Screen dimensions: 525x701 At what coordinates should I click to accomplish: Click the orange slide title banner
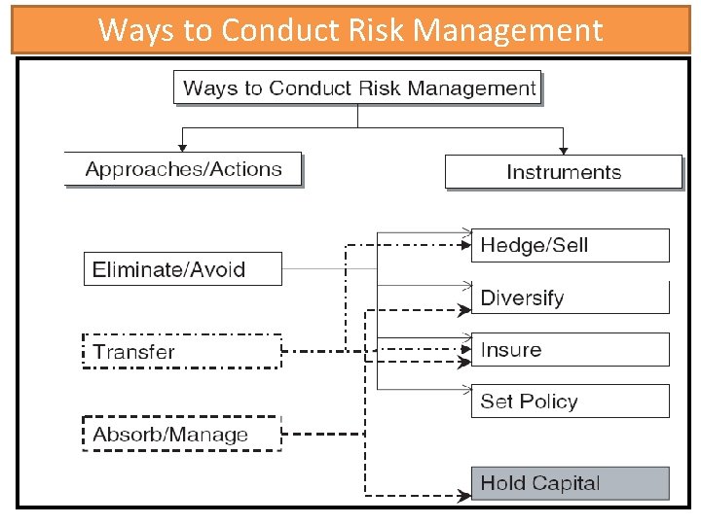click(350, 30)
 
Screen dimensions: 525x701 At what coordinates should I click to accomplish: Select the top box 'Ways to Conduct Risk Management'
click(358, 88)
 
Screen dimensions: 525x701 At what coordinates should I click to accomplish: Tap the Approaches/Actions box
click(183, 169)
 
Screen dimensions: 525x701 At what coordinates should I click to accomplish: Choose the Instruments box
click(564, 172)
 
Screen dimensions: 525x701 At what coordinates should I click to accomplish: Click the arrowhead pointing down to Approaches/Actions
click(182, 148)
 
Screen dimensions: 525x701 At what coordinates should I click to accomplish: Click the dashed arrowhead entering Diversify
click(461, 311)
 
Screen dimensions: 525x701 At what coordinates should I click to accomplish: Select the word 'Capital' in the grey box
click(567, 483)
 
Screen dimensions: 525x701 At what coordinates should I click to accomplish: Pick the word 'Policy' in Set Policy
click(549, 402)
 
